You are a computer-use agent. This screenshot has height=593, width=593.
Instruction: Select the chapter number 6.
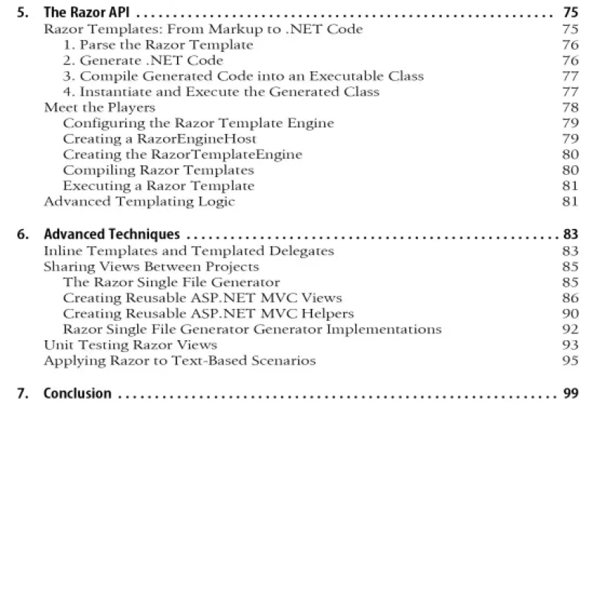[21, 235]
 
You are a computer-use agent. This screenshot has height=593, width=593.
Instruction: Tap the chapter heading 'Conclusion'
[77, 393]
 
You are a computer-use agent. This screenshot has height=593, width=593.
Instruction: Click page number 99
[570, 393]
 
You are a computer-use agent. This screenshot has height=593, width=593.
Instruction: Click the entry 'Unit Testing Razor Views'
[130, 345]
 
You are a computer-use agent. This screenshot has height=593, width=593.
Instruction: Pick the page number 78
[570, 107]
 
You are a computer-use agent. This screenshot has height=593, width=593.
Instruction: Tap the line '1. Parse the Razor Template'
[157, 44]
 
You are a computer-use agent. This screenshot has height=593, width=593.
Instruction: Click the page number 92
[570, 329]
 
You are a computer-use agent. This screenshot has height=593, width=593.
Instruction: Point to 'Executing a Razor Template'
[159, 185]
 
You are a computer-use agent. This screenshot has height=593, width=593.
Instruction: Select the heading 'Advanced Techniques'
[111, 235]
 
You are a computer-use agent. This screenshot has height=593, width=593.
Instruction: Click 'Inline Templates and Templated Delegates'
[189, 251]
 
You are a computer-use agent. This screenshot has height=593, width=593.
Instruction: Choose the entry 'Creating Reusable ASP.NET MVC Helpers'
[208, 314]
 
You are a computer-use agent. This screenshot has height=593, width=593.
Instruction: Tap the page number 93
[570, 345]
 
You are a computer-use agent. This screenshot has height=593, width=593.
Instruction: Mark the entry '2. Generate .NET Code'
[142, 60]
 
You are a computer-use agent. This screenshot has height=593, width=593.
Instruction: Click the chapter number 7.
[21, 393]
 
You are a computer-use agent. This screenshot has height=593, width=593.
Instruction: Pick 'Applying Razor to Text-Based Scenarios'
[180, 360]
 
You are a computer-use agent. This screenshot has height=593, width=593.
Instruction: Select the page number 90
[570, 314]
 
